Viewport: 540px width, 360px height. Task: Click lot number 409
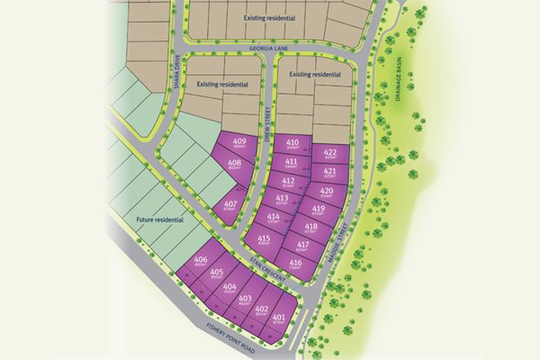240,143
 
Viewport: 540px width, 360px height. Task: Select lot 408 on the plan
234,165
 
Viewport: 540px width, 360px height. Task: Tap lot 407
230,205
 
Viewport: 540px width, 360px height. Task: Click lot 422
331,155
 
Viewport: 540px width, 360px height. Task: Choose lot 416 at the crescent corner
296,264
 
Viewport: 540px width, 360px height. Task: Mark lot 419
319,212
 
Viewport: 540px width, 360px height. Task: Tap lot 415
263,241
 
